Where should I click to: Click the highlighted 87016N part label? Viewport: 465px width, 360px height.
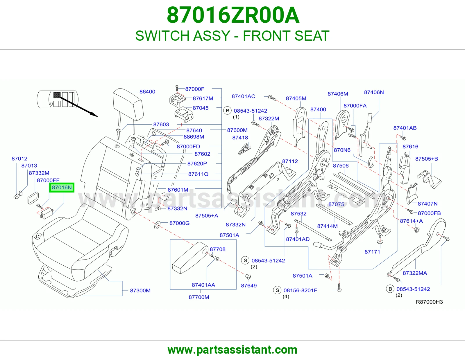pyautogui.click(x=62, y=188)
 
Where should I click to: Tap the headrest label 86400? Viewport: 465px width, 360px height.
pyautogui.click(x=147, y=92)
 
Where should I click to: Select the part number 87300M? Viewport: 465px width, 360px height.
pyautogui.click(x=140, y=291)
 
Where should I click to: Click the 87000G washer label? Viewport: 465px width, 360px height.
pyautogui.click(x=179, y=223)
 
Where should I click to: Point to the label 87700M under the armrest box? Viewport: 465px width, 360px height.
pyautogui.click(x=199, y=297)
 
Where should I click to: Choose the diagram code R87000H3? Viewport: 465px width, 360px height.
pyautogui.click(x=429, y=302)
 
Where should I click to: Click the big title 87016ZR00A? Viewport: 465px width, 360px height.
pyautogui.click(x=233, y=15)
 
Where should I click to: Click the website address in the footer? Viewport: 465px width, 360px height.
pyautogui.click(x=233, y=350)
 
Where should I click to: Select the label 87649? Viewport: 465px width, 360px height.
pyautogui.click(x=249, y=286)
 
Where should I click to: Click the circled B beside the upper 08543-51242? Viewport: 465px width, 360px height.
pyautogui.click(x=228, y=111)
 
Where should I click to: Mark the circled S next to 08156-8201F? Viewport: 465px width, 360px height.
pyautogui.click(x=277, y=290)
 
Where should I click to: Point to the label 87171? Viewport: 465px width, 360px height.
pyautogui.click(x=372, y=252)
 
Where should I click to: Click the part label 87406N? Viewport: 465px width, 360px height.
pyautogui.click(x=374, y=92)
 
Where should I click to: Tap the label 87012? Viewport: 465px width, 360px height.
pyautogui.click(x=19, y=159)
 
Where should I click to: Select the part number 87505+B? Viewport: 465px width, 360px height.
pyautogui.click(x=426, y=159)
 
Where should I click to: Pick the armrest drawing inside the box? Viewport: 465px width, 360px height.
pyautogui.click(x=190, y=258)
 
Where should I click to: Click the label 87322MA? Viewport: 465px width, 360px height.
pyautogui.click(x=415, y=273)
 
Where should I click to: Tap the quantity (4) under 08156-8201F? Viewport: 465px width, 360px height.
pyautogui.click(x=286, y=296)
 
